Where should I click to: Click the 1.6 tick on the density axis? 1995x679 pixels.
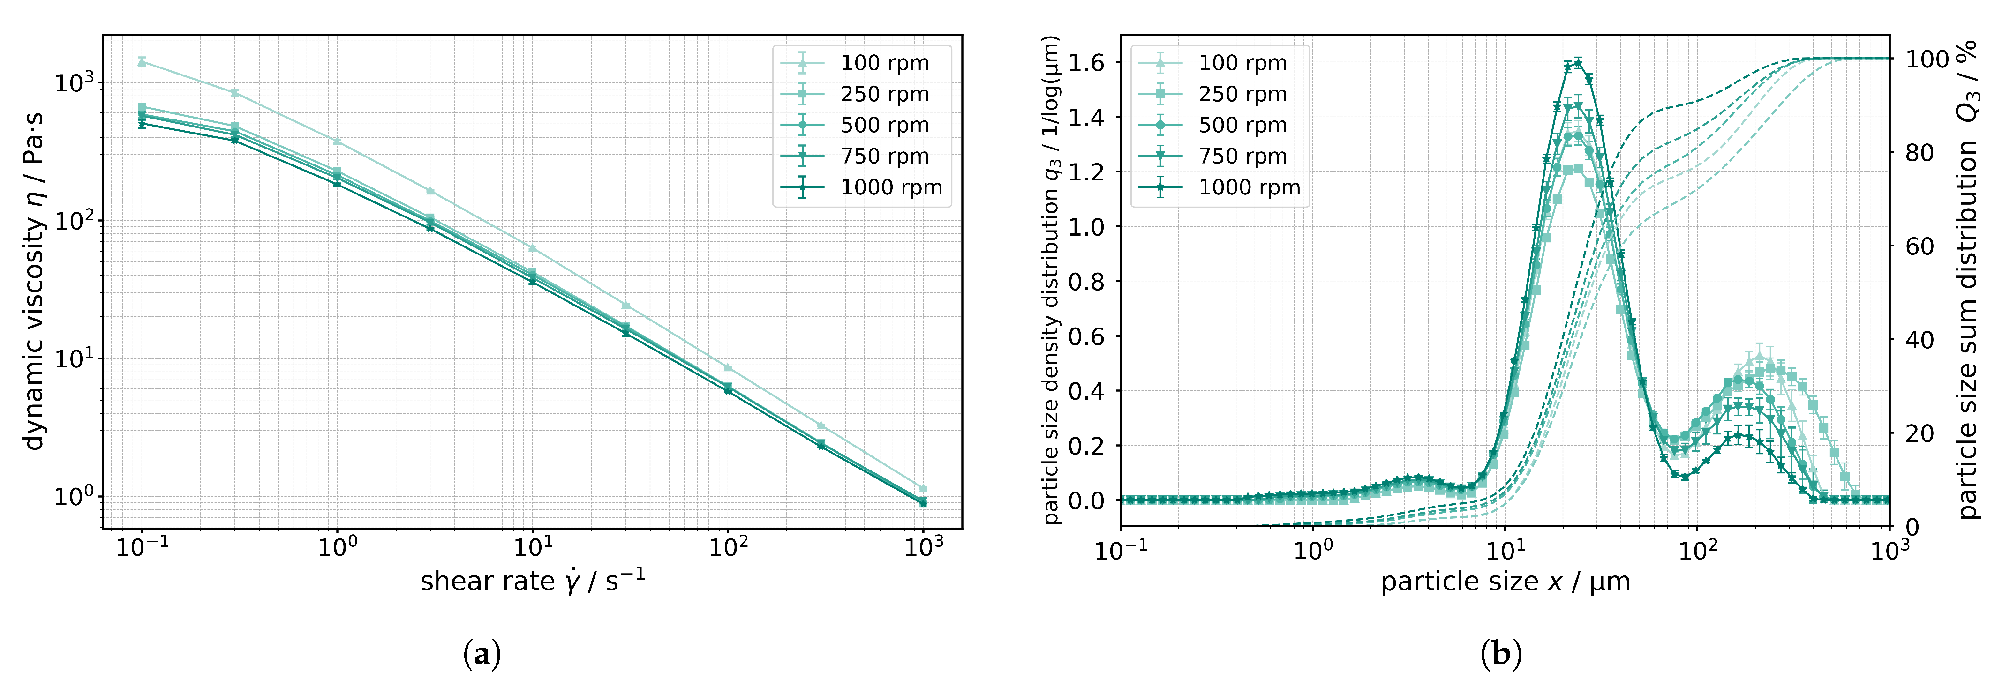tap(1086, 63)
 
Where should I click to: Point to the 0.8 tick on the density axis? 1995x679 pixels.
tap(1086, 282)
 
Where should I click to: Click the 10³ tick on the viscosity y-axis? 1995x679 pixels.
tap(76, 82)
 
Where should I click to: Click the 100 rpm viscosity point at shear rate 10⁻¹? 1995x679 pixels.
tap(142, 61)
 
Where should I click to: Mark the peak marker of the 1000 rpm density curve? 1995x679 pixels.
tap(1578, 63)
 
